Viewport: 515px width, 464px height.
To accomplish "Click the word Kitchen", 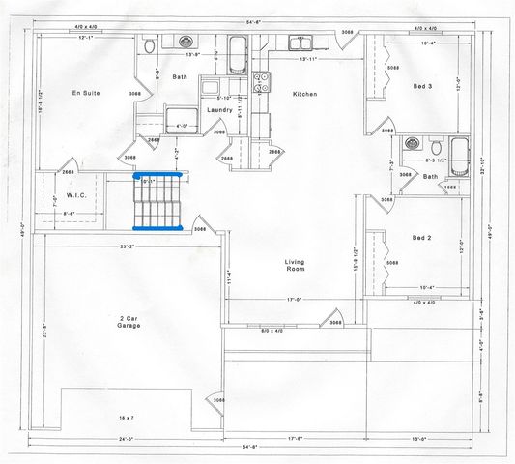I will [306, 94].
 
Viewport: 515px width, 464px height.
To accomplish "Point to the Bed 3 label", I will [422, 86].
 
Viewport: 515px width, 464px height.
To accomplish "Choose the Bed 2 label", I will [422, 237].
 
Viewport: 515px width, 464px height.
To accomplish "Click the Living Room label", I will [295, 268].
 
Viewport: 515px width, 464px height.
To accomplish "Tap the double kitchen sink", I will [299, 43].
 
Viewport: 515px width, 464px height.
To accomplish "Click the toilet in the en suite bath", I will [148, 45].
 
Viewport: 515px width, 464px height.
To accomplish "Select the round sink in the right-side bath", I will [412, 144].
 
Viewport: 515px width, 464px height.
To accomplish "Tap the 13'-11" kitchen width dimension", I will [308, 60].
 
